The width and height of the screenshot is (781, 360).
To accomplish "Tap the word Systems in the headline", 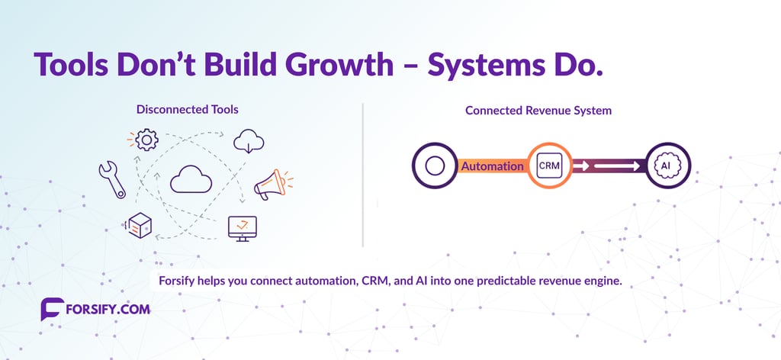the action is coord(488,66).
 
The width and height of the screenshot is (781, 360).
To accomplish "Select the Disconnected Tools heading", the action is coord(187,110).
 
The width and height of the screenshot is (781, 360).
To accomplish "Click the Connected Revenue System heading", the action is coord(538,111).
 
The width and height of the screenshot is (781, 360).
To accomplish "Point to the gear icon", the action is coord(145,140).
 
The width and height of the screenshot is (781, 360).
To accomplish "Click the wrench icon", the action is coord(111,179).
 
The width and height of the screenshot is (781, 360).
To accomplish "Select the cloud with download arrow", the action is coord(250,141).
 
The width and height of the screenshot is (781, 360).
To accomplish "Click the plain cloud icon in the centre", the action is coord(190,179).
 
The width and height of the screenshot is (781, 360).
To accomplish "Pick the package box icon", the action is coord(140,224).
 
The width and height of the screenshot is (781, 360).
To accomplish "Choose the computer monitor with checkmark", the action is coord(243,227).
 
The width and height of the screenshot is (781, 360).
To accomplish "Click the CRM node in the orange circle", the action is coord(550,166).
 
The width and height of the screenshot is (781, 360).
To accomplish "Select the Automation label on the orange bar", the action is coord(492,166).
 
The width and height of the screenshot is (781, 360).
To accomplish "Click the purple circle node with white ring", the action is coord(434,166).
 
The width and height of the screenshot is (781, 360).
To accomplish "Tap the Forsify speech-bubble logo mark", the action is coord(52,310).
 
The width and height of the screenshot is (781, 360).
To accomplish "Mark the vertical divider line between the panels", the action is coord(363,175).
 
